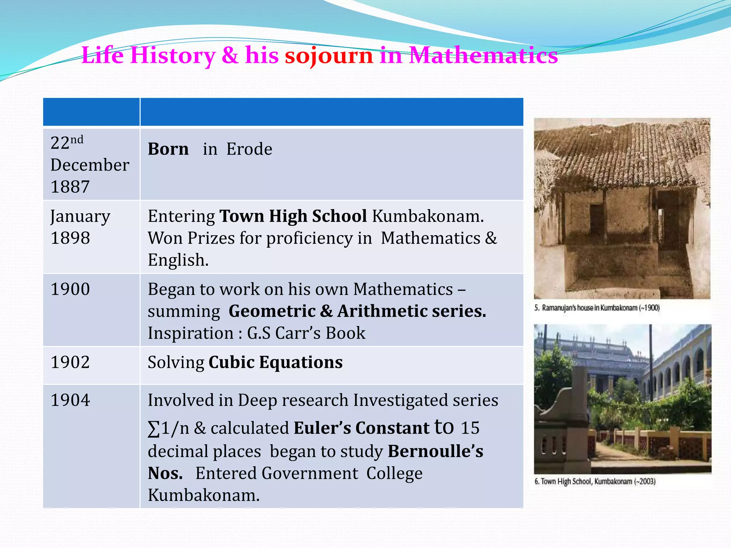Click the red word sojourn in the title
[328, 56]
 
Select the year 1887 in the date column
[70, 187]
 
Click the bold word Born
[168, 149]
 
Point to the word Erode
[249, 149]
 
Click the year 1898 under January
[70, 238]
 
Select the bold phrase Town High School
[293, 216]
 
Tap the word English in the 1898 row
[177, 260]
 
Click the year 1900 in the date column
[70, 289]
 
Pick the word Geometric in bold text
[272, 311]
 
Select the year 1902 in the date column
[70, 362]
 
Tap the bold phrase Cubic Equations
[276, 362]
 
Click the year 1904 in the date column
[70, 400]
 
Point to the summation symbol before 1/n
[153, 429]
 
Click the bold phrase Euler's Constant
[361, 428]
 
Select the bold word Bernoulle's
[435, 451]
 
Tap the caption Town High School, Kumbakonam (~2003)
[595, 482]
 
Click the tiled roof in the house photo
[621, 157]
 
